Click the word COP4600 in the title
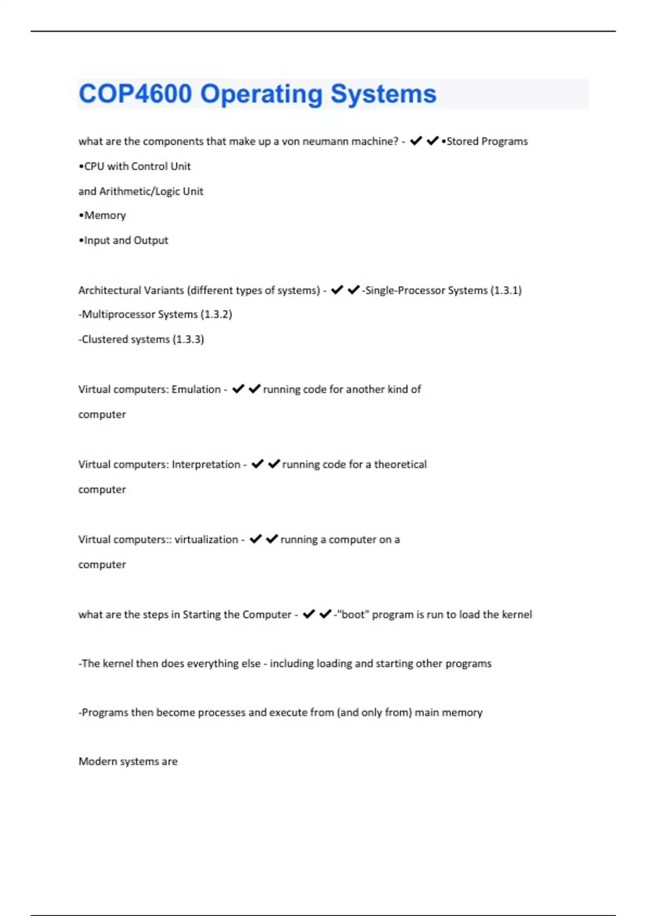coord(135,94)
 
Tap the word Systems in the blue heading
coord(383,94)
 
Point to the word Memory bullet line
coord(105,216)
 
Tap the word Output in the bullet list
coord(151,240)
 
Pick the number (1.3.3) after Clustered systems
coord(188,339)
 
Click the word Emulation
coord(196,390)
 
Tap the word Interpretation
coord(206,464)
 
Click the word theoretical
coord(400,464)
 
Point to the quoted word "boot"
coord(353,615)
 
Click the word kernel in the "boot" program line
coord(517,615)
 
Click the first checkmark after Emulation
coord(238,389)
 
